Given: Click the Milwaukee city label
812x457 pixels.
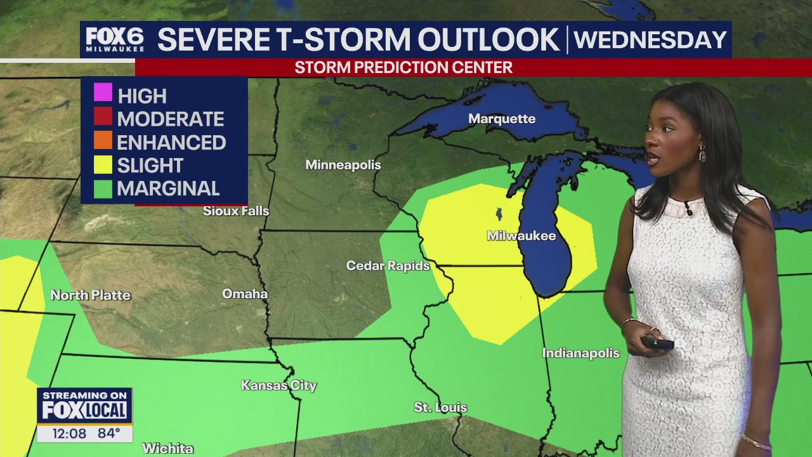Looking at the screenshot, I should click(x=521, y=236).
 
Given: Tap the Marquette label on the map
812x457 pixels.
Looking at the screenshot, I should click(x=502, y=119).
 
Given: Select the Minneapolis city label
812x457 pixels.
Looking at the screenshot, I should click(x=343, y=165).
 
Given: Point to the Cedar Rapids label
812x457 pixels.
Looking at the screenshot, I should click(x=388, y=266).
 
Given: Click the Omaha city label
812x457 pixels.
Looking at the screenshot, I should click(x=245, y=294).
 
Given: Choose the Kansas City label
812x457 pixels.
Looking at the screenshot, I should click(x=278, y=385).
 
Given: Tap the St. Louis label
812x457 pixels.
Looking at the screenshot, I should click(x=440, y=407).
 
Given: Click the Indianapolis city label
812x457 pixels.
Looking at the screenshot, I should click(x=580, y=353).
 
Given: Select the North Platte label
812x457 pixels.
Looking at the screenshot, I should click(x=90, y=295).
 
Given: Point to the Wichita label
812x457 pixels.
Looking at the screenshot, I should click(x=167, y=448).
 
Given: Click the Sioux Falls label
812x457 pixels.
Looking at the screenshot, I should click(x=236, y=211).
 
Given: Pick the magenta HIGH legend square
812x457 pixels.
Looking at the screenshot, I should click(x=103, y=93).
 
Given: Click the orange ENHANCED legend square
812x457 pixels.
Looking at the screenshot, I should click(x=103, y=140).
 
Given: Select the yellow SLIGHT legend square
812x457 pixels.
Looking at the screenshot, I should click(x=103, y=164).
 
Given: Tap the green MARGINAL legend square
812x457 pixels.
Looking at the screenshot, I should click(x=103, y=188).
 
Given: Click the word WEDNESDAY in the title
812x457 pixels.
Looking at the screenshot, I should click(x=650, y=40).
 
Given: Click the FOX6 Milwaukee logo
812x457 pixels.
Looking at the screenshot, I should click(x=115, y=39).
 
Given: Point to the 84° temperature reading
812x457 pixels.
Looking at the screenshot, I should click(x=108, y=434).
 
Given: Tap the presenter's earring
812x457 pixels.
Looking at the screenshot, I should click(x=702, y=154).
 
